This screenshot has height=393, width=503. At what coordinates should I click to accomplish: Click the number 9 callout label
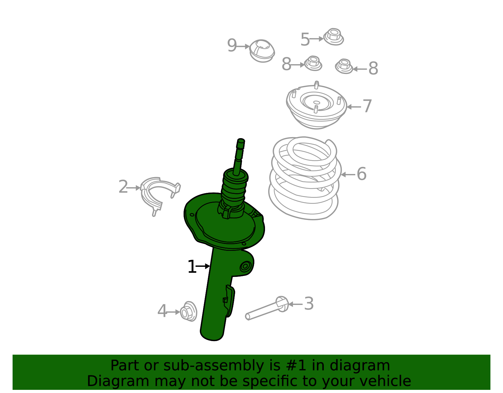(232, 45)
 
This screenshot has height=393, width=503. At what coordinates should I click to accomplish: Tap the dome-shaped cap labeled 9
(262, 51)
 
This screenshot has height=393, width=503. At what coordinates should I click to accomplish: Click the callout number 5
(305, 39)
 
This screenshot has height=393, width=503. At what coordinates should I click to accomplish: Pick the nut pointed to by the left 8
(313, 63)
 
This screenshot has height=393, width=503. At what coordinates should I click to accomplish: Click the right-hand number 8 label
(373, 68)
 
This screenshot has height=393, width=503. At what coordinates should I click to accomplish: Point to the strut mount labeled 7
(316, 105)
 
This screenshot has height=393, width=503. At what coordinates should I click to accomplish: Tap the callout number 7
(367, 106)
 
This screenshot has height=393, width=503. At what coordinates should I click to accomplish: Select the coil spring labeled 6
(305, 178)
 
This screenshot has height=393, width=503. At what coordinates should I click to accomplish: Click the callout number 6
(362, 174)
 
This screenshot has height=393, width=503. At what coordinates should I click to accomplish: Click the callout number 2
(123, 187)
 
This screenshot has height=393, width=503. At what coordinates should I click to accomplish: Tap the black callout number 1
(192, 267)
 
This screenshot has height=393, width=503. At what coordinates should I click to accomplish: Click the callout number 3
(309, 303)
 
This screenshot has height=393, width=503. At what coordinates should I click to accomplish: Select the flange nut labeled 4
(188, 312)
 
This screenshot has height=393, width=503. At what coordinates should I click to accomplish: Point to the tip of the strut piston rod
(241, 140)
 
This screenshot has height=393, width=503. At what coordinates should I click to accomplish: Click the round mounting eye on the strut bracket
(245, 266)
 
